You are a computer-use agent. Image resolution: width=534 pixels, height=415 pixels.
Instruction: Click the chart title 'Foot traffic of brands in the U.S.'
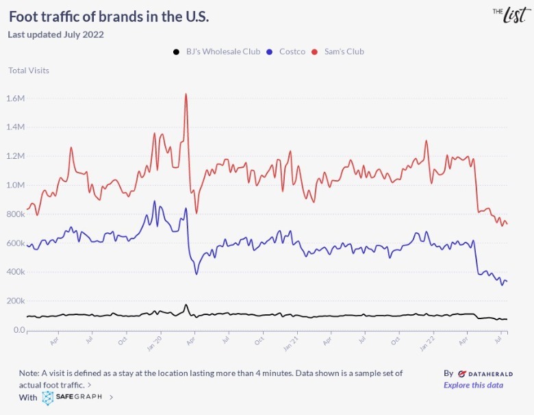[x=109, y=16]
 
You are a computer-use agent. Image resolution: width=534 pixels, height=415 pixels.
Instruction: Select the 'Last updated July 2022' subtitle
[x=55, y=35]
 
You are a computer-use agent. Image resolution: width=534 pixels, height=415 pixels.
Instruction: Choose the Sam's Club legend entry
[x=338, y=51]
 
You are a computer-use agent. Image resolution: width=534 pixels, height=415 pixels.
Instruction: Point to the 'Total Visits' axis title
[x=29, y=70]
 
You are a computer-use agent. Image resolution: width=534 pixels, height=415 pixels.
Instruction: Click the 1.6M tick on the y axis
[x=15, y=99]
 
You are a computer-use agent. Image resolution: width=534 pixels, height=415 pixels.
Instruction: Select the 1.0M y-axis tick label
[x=15, y=185]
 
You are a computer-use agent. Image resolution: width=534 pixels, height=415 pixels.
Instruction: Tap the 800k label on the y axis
[x=15, y=214]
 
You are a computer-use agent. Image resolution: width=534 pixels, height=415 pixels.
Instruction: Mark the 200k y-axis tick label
[x=15, y=301]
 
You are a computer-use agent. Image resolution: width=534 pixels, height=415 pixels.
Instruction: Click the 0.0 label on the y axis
[x=17, y=330]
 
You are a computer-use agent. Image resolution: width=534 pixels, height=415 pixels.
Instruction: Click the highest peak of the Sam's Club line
[x=186, y=95]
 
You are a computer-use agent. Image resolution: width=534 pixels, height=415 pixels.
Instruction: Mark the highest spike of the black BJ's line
[x=186, y=305]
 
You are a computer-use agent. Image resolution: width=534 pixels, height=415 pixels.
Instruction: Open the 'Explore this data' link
[x=473, y=385]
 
